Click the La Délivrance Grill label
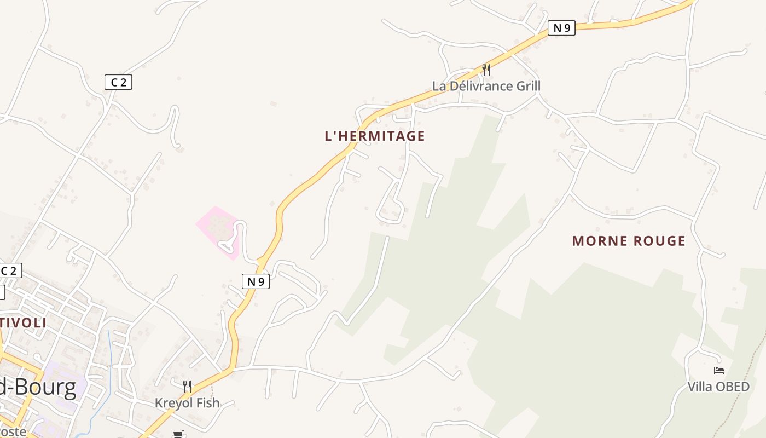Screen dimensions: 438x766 tap(486, 86)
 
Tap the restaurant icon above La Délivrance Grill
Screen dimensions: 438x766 tap(486, 70)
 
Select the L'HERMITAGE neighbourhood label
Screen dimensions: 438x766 tap(375, 136)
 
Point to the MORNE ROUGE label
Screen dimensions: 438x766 tap(629, 241)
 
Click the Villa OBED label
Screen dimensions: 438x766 tap(718, 387)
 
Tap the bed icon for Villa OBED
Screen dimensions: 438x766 tap(719, 371)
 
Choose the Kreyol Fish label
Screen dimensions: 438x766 tap(187, 403)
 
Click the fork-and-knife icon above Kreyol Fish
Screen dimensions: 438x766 tap(187, 387)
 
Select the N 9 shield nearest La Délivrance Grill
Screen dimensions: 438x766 tap(561, 28)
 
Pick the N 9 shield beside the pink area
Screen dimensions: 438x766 tap(256, 281)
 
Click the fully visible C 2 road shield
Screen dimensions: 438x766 tap(118, 82)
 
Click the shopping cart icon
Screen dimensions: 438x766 tap(178, 434)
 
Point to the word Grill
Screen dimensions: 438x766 tap(524, 86)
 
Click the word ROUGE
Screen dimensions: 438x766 tap(659, 241)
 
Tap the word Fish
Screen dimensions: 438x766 tap(207, 403)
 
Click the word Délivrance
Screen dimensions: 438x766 tap(476, 86)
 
